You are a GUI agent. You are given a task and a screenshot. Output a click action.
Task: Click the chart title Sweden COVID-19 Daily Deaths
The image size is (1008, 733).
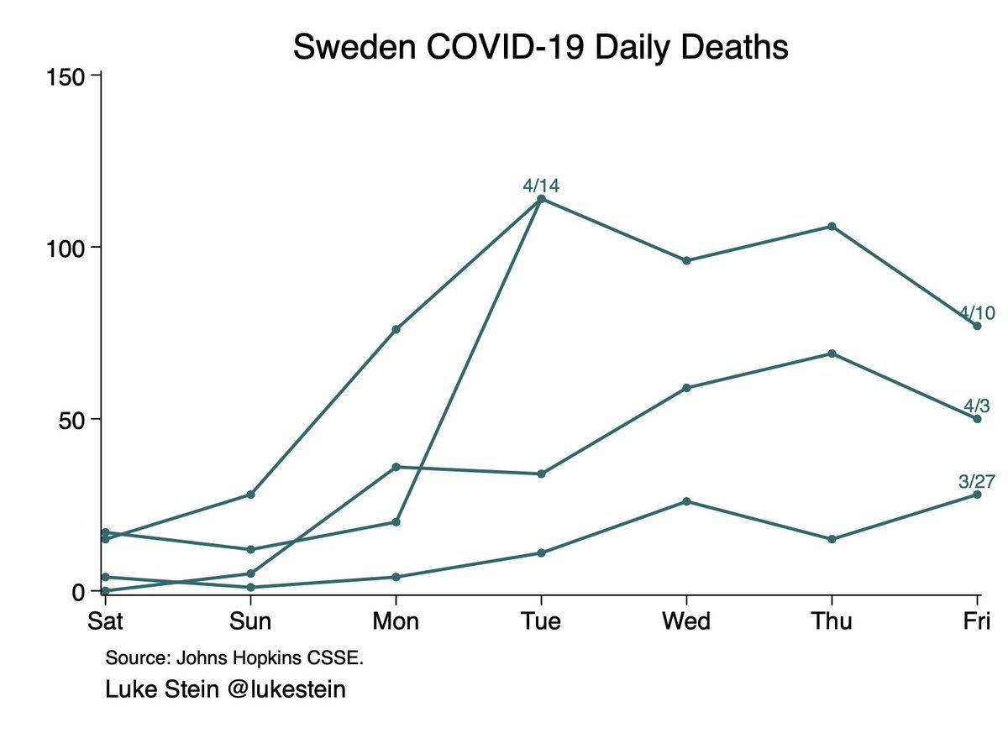point(540,47)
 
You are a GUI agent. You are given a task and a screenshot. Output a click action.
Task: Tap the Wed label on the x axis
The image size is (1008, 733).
point(686,621)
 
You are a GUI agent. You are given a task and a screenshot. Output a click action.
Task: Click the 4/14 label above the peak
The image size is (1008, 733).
point(540,186)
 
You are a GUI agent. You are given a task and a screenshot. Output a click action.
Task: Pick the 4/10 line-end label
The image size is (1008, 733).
point(977,312)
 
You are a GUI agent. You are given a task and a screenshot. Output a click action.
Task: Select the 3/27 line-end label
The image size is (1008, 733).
point(977,481)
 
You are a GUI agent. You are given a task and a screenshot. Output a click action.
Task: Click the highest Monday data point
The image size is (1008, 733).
point(396,329)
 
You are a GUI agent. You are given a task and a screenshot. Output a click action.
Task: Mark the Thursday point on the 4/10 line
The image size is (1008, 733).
point(832,227)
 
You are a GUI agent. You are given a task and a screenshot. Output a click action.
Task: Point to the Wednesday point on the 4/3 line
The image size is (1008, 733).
point(686,388)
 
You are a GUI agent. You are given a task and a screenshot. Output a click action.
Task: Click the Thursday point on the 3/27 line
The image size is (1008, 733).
point(832,539)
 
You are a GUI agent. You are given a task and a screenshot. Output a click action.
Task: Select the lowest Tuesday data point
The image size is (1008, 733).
point(541,552)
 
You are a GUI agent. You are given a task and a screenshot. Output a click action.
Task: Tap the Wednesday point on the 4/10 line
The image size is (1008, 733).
point(686,260)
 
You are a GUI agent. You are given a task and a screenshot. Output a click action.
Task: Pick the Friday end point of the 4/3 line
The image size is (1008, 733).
point(977,418)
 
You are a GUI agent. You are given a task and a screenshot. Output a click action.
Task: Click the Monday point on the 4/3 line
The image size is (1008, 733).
point(396,467)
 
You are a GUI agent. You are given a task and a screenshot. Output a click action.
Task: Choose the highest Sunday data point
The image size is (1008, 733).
point(250,495)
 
